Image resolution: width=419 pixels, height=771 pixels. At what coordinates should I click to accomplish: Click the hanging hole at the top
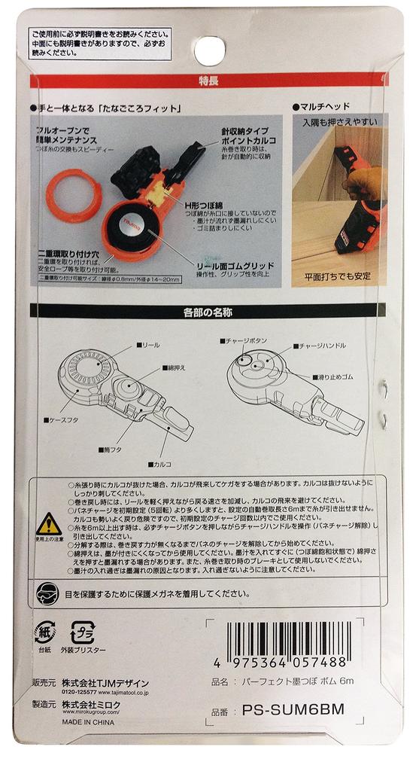210,50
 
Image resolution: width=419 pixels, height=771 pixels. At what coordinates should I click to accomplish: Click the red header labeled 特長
209,81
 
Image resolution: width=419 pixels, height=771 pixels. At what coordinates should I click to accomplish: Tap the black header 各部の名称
209,310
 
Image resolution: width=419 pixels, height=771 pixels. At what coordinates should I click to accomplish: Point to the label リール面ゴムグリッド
240,266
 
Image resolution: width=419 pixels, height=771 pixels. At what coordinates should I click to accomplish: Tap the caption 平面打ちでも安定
337,276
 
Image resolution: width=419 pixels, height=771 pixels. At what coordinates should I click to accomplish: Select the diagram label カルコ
164,464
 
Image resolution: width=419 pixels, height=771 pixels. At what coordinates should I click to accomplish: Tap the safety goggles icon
45,593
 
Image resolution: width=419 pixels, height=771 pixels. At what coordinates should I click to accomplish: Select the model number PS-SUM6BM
294,709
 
